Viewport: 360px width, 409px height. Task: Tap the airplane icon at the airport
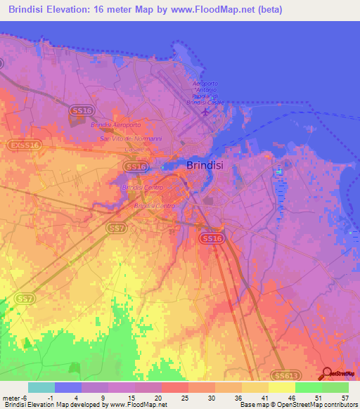(205, 110)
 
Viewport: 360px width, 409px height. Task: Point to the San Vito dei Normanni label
(131, 138)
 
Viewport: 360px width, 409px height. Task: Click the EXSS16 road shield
(25, 145)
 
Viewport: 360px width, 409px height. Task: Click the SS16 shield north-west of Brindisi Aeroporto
(81, 111)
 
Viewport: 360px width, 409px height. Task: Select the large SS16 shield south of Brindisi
(213, 239)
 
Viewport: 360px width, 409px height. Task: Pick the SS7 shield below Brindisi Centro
(117, 228)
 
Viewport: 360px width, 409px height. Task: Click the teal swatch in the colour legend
(41, 387)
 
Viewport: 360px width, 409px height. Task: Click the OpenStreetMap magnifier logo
(326, 375)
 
